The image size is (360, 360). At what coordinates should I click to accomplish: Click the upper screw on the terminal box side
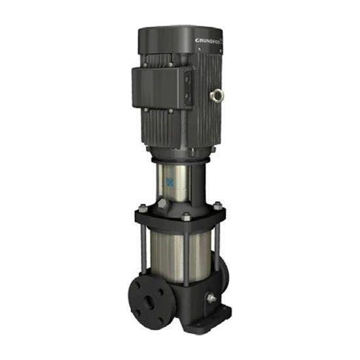(x=186, y=78)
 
